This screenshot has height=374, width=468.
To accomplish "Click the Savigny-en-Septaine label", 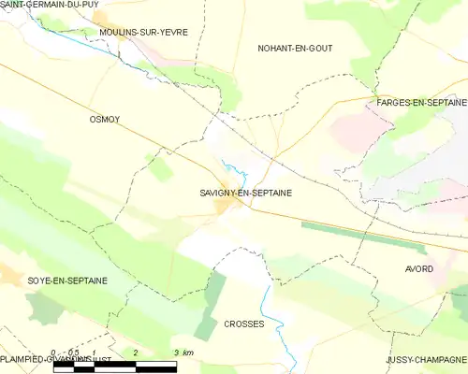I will coord(245,193).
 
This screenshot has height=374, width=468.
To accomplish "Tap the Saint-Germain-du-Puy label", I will coord(49,5).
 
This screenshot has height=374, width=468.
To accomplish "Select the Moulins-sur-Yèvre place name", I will coord(143,32).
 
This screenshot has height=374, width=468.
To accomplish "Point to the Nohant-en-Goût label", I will coord(295,48).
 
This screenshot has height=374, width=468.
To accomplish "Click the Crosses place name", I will coord(244,324).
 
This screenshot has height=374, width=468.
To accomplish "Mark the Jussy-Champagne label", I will coord(426,360).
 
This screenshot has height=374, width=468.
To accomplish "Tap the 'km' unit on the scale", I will coord(188,352).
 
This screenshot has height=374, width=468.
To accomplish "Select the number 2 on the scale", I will coord(137,352).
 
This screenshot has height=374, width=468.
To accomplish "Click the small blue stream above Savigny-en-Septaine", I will coord(240,173).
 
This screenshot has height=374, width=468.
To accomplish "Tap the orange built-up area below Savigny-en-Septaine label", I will coord(225,207).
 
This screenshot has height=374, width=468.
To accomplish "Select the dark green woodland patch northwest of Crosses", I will coord(212,304).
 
